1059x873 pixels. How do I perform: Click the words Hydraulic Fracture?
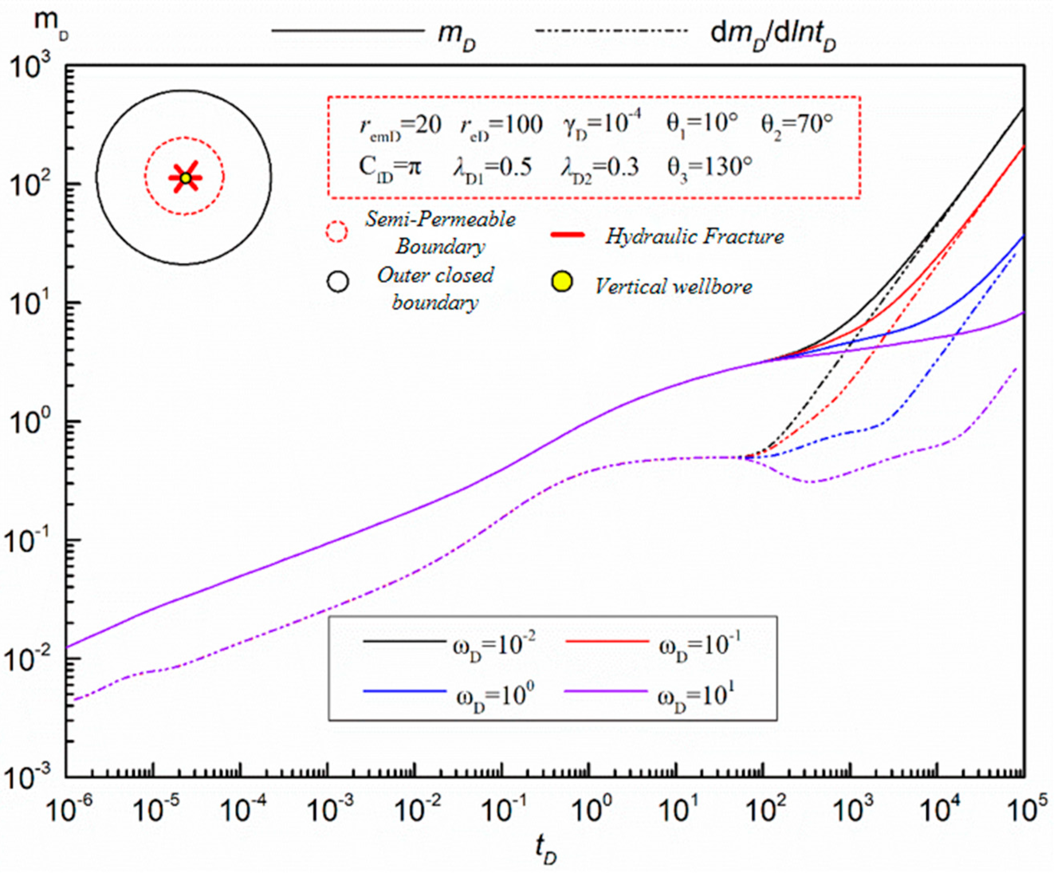tap(694, 236)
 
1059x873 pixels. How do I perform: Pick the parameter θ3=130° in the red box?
tap(709, 167)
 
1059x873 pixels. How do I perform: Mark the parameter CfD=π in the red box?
tap(390, 167)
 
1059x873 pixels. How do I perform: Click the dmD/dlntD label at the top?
tap(773, 35)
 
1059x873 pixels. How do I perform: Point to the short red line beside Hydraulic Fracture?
tap(568, 234)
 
